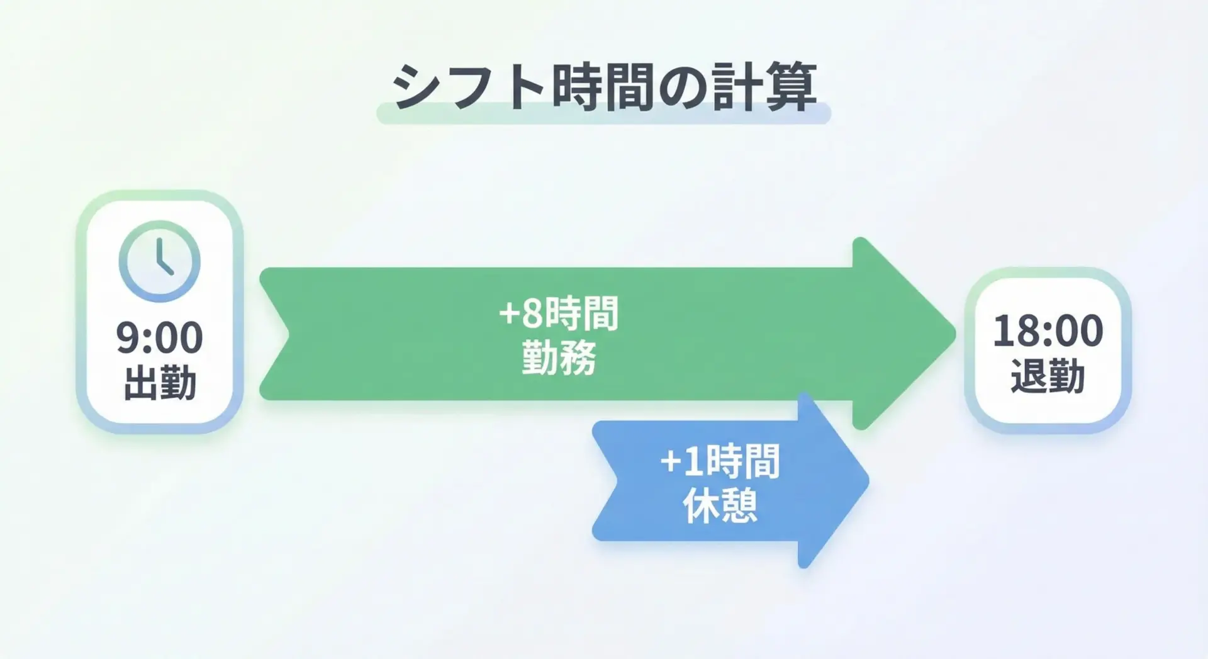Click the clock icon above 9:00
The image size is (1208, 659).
click(159, 261)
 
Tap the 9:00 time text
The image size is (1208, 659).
click(159, 337)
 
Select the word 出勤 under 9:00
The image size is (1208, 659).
click(160, 383)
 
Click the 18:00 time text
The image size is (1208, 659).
click(1048, 330)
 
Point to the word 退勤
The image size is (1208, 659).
click(1048, 376)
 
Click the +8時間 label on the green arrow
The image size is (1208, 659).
click(559, 313)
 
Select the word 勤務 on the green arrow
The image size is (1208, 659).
click(559, 359)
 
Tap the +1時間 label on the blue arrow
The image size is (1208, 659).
click(720, 461)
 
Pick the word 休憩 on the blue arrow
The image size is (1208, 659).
click(720, 506)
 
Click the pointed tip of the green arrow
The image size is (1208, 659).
click(955, 334)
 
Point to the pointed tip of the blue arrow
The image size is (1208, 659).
click(868, 481)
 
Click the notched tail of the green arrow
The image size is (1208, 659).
click(288, 334)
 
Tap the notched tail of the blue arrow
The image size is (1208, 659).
click(620, 481)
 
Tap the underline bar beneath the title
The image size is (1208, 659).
click(603, 114)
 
